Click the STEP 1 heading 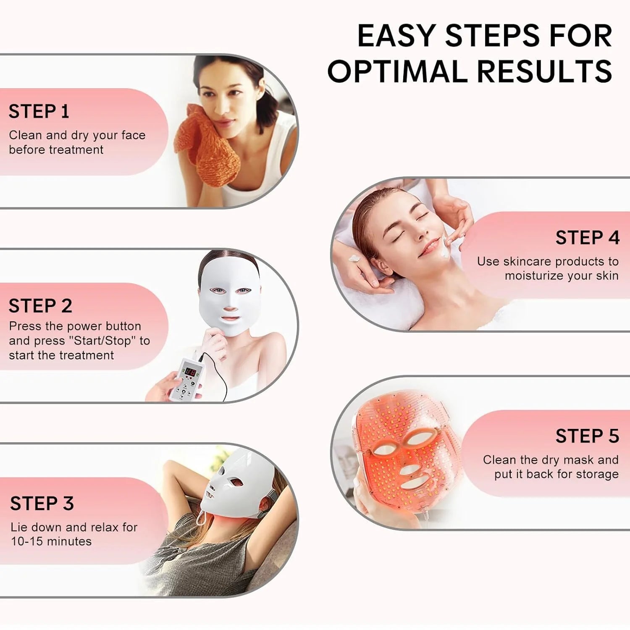[x=39, y=112]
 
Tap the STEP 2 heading [x=40, y=306]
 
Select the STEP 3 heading [x=42, y=503]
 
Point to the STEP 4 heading [x=587, y=238]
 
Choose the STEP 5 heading [x=587, y=436]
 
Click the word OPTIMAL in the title [x=397, y=71]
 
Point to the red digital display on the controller [x=190, y=371]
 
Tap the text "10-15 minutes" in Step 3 [x=51, y=541]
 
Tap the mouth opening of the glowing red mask [x=413, y=483]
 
